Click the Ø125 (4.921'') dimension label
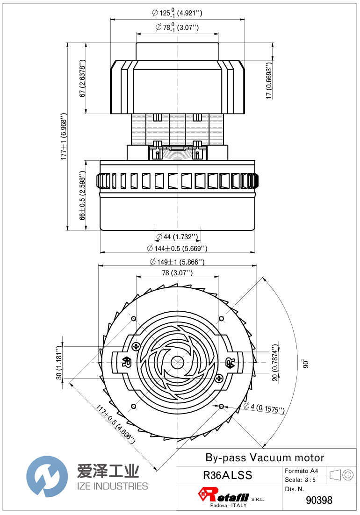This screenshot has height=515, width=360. (x=177, y=13)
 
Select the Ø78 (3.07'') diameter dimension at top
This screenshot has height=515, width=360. (x=177, y=28)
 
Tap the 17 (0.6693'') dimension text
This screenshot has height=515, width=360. (x=269, y=80)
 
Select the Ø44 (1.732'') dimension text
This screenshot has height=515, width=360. (x=177, y=236)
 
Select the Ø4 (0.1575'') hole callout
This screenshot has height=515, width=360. (x=265, y=408)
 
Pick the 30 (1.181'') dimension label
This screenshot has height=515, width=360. (x=59, y=363)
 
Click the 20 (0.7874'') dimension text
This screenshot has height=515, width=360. (x=275, y=363)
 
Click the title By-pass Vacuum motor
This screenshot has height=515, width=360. (x=265, y=458)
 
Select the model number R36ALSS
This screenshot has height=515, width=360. (x=228, y=475)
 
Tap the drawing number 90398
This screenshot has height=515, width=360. (x=319, y=500)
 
